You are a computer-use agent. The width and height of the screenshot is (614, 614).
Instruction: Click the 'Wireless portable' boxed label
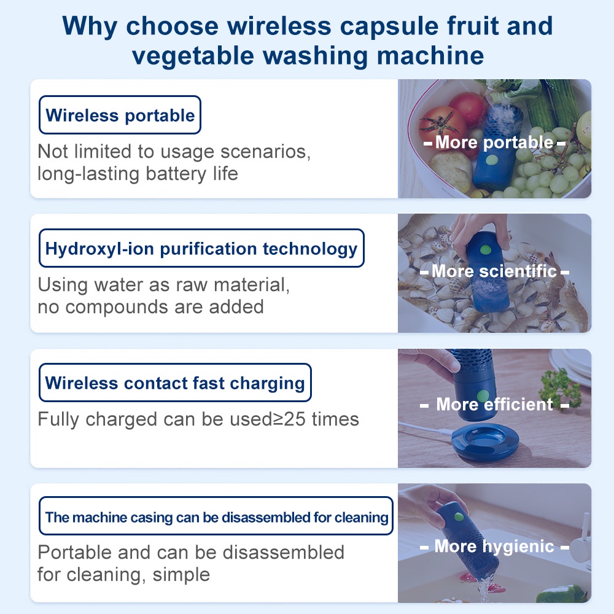coord(120,115)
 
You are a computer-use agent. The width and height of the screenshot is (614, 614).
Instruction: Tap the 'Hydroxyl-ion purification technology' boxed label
coord(201,248)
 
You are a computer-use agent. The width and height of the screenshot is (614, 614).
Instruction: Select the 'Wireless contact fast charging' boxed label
coord(175,383)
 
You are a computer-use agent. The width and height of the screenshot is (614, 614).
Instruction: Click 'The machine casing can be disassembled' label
coord(216,516)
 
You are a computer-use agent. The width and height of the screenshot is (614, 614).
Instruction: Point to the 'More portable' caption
coord(494,142)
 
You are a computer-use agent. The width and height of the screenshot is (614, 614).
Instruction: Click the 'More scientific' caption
coord(494,271)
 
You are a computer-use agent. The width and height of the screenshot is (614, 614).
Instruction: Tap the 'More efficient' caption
coord(494,404)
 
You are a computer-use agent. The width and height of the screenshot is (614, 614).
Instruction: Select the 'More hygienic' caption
coord(494,546)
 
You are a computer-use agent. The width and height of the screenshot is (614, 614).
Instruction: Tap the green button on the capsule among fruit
coord(491,160)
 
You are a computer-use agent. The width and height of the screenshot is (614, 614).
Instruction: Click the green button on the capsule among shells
coord(486,249)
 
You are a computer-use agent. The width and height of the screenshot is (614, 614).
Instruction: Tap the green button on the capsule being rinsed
coord(459,517)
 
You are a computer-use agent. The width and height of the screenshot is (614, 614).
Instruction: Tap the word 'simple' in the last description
coord(181,575)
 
